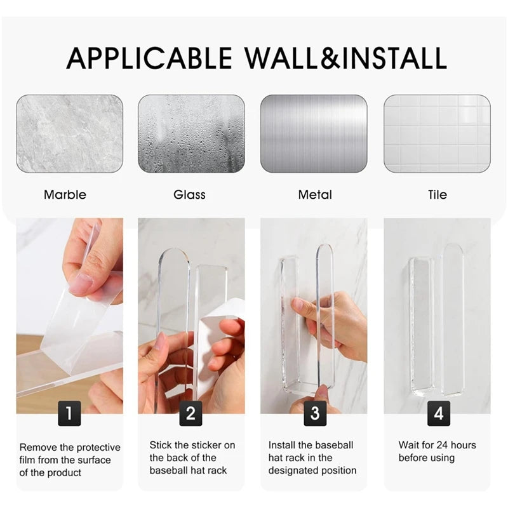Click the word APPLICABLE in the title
(149, 58)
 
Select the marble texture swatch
(70, 134)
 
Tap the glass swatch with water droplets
(191, 134)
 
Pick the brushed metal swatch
(314, 134)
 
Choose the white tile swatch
(437, 134)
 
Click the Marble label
(65, 195)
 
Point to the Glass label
(189, 195)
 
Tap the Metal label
(315, 195)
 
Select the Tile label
(438, 195)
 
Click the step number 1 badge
(69, 415)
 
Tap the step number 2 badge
(190, 415)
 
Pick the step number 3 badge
(314, 415)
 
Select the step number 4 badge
(438, 415)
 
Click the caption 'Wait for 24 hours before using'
(437, 451)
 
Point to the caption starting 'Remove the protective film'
(69, 460)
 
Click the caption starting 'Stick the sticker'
(192, 458)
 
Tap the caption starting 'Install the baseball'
(312, 458)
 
